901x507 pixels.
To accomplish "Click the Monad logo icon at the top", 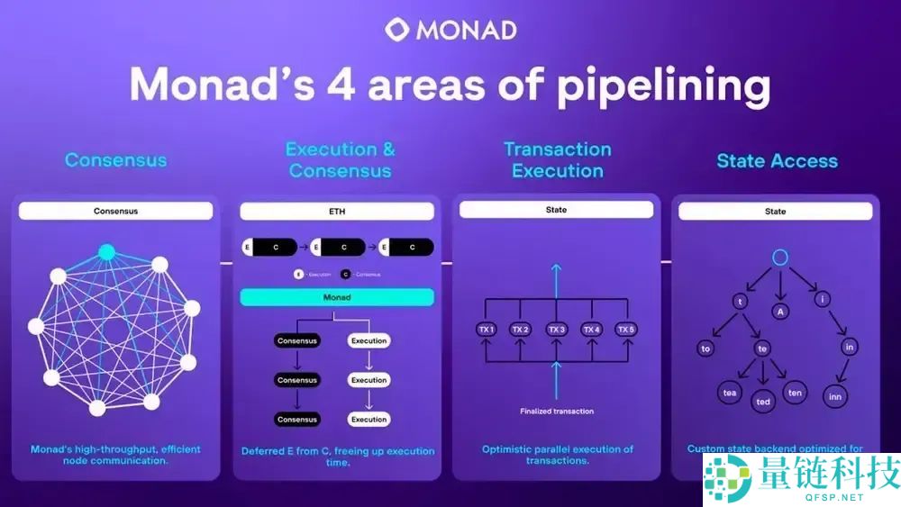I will pos(397,29).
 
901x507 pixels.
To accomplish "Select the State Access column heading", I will pos(777,161).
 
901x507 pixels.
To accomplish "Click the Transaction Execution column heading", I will pos(557,159).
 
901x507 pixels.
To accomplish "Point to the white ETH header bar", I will pos(337,213).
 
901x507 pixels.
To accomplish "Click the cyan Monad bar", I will pos(337,297).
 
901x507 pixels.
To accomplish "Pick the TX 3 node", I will pos(556,330).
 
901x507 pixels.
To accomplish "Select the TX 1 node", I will pos(487,330).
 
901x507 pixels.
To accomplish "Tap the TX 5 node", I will pos(626,330).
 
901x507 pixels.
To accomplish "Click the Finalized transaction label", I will pos(557,412).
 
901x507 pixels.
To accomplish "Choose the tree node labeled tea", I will pos(729,393).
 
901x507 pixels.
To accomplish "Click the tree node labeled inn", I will pos(835,395).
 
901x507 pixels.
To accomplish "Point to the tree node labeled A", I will pos(780,311).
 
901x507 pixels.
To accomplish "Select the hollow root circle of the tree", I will pos(780,258).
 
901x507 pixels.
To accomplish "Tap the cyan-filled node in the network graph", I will pos(106,252).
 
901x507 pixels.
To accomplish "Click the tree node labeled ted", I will pos(763,402).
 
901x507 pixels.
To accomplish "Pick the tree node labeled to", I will pos(705,348).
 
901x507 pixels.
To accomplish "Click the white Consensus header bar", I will pos(115,212).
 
